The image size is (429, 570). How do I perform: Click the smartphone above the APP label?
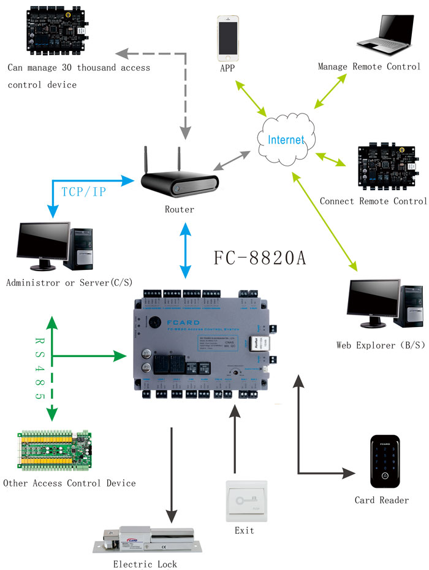(x=229, y=36)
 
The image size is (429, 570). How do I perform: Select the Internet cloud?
(x=286, y=139)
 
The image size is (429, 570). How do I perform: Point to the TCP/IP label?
(x=83, y=191)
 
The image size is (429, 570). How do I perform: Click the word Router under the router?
(x=179, y=210)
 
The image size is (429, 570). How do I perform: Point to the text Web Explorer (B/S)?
(x=380, y=345)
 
